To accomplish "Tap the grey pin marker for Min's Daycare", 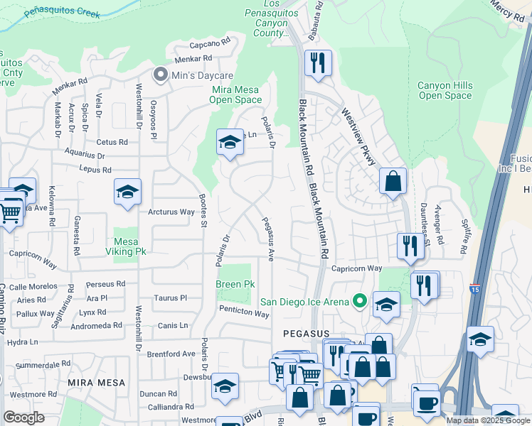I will (x=161, y=75).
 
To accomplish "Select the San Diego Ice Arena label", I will (x=307, y=302).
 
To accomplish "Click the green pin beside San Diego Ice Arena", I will (x=360, y=302).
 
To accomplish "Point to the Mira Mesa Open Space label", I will (x=235, y=94).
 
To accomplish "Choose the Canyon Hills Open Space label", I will (x=445, y=91).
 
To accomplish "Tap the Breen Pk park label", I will (x=235, y=284).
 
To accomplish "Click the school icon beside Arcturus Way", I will (x=127, y=191).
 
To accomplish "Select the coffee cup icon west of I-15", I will (x=427, y=402).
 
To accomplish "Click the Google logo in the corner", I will (x=23, y=417).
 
